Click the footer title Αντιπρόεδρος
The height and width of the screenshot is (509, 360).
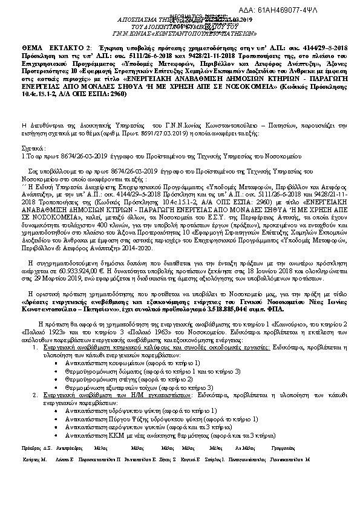[x=68, y=449]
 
